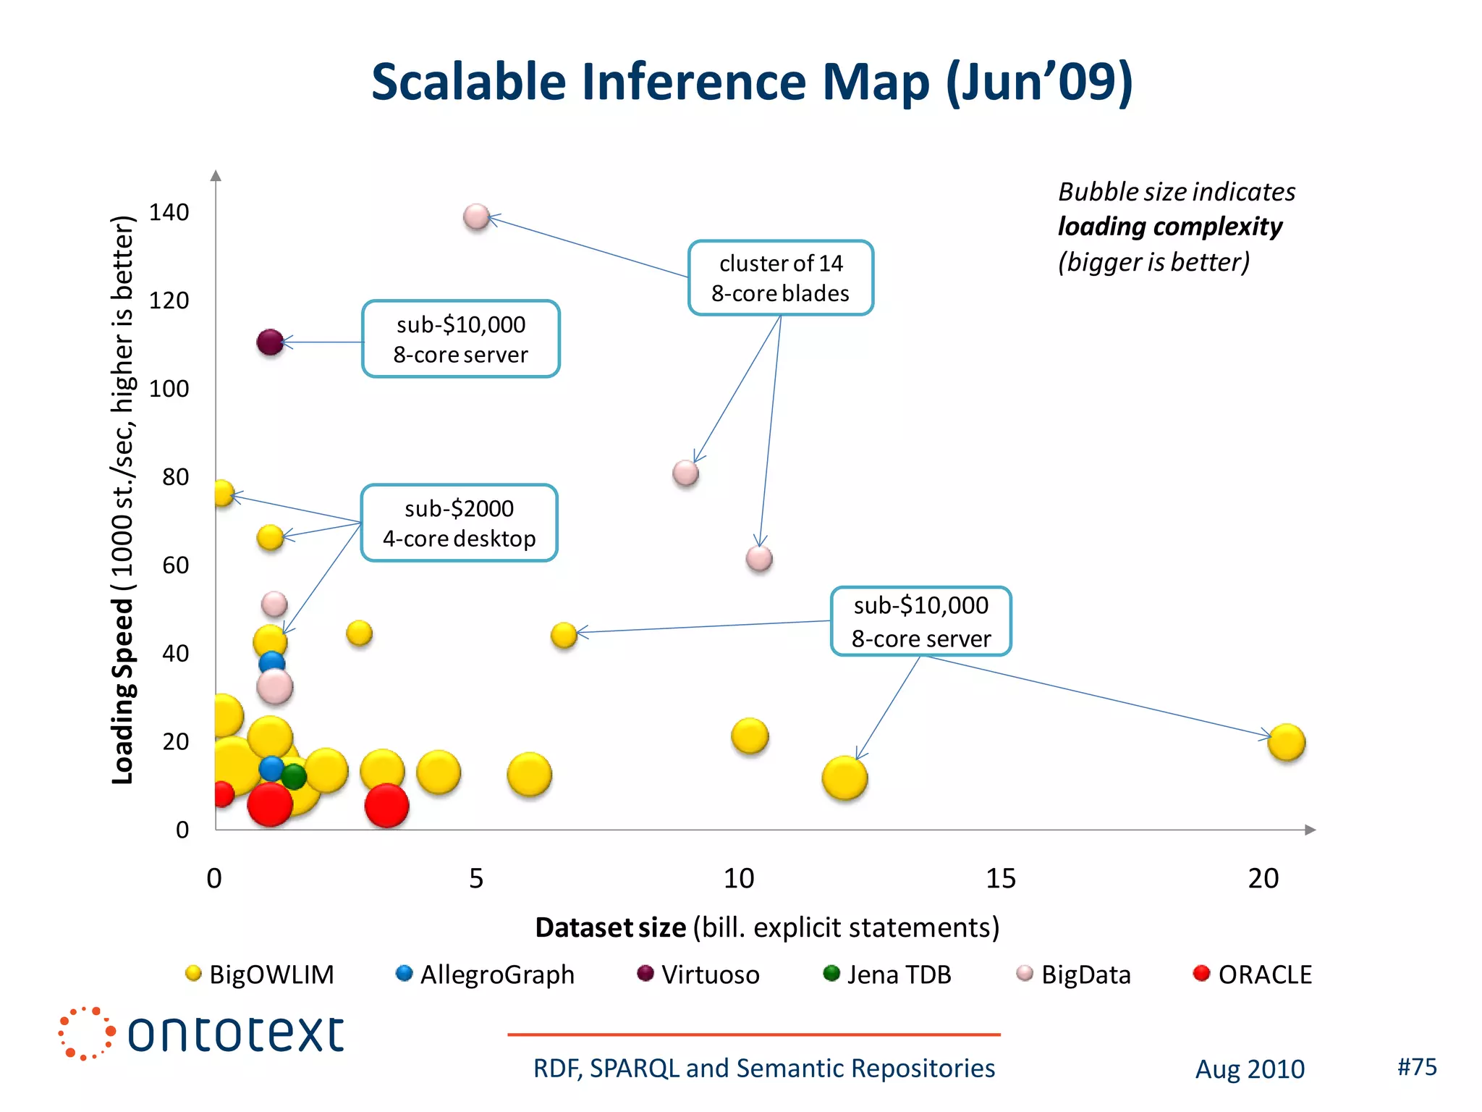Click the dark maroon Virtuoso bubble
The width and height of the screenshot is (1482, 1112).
[270, 342]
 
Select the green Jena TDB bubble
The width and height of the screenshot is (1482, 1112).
[294, 777]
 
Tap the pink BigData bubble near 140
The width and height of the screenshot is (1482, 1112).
[476, 216]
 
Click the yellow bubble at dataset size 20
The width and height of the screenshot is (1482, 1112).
[1286, 742]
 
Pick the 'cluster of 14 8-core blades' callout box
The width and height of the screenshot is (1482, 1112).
[780, 278]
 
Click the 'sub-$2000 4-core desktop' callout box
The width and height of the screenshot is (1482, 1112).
[459, 523]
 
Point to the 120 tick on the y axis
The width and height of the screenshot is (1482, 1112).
[169, 300]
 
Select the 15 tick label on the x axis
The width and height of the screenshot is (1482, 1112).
[1000, 878]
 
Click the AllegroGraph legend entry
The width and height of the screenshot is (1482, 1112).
[486, 974]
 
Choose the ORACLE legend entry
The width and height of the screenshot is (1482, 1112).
[1253, 974]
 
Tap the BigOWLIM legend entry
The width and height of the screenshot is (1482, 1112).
[261, 974]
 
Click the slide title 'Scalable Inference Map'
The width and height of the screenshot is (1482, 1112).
[751, 81]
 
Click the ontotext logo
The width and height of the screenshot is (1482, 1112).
[202, 1033]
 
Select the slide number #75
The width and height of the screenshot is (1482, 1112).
[1416, 1066]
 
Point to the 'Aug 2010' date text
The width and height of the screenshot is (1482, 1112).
[1249, 1069]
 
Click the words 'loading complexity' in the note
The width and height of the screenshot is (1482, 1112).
[1169, 227]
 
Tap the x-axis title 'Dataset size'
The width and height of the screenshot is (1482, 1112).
[610, 927]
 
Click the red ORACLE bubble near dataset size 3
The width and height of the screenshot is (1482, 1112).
[386, 805]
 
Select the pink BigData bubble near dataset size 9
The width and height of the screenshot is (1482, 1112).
[685, 473]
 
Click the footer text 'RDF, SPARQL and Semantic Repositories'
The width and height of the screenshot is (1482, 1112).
[763, 1068]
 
